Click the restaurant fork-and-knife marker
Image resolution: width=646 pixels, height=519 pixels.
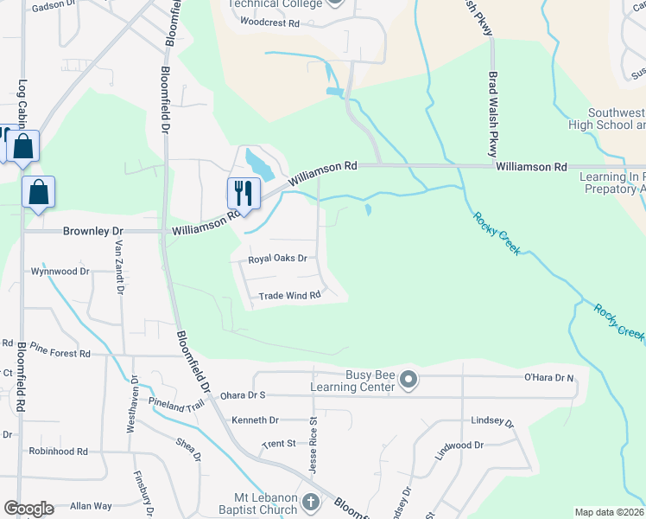tap(244, 192)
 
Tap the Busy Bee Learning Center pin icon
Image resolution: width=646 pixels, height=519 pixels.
tap(409, 379)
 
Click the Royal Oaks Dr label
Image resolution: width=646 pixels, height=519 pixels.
tap(278, 259)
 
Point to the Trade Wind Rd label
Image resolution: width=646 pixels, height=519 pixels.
tap(290, 296)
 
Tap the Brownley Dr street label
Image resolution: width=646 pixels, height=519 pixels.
tap(94, 232)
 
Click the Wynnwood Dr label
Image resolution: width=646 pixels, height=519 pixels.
tap(60, 272)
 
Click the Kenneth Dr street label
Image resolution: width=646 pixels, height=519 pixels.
tap(255, 420)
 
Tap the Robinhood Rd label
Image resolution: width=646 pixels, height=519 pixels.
tap(58, 452)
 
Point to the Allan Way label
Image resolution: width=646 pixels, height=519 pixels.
tap(91, 506)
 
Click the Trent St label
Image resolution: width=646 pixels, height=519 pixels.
tap(279, 444)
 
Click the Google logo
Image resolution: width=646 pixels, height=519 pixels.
tap(28, 509)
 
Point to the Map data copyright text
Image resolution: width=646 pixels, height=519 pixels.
tap(609, 512)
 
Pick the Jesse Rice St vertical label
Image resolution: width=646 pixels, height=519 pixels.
tap(314, 445)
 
